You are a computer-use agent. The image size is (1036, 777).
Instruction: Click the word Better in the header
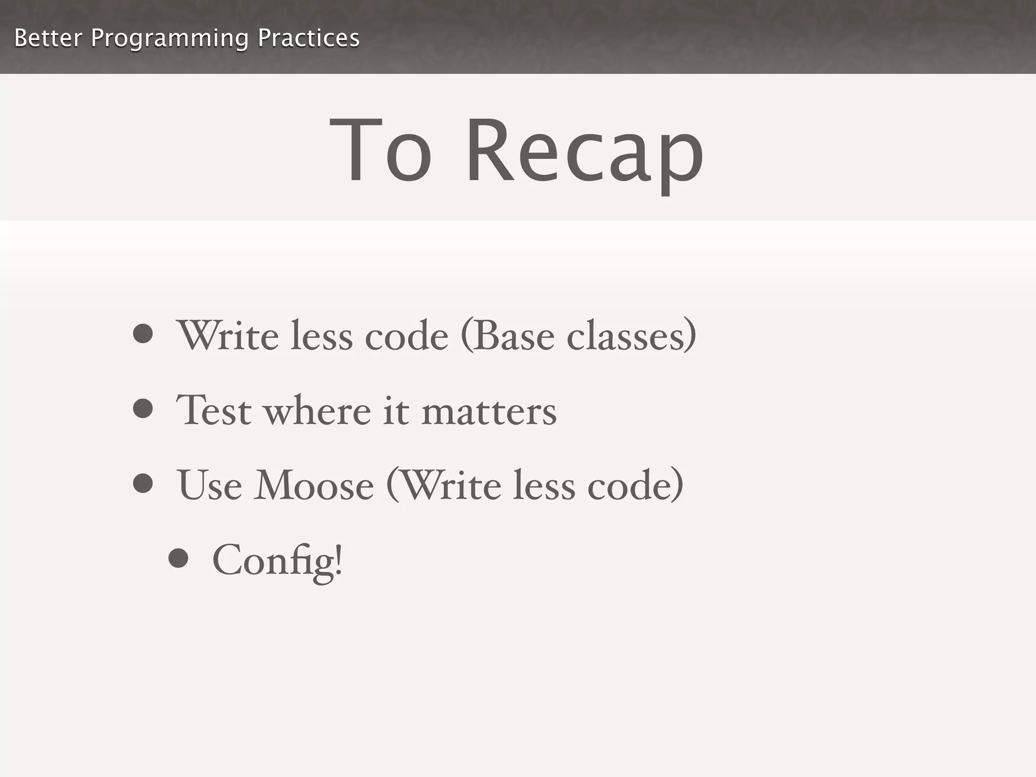[48, 38]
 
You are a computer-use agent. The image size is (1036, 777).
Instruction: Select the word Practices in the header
[309, 38]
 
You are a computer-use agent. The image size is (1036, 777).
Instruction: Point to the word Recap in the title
[584, 152]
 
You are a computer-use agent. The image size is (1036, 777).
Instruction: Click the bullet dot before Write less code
[143, 334]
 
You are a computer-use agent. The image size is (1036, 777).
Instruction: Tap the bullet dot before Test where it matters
[143, 409]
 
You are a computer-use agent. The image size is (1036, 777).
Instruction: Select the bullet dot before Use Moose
[143, 483]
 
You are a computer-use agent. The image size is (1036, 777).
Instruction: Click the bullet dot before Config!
[179, 558]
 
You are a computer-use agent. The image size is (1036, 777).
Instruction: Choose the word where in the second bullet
[318, 410]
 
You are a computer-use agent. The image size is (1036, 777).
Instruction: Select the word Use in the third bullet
[209, 485]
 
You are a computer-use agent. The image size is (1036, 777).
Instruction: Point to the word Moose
[314, 485]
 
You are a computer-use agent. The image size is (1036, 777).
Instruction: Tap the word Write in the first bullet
[227, 336]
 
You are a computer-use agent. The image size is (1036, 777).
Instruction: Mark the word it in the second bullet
[396, 410]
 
